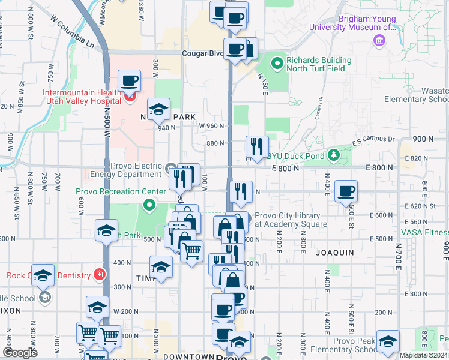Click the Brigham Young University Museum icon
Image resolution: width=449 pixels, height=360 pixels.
(378, 41)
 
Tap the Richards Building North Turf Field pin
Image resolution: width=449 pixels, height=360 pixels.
(277, 62)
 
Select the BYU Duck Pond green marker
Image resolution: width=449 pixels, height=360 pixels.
(334, 156)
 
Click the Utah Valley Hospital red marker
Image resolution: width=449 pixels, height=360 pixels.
(130, 95)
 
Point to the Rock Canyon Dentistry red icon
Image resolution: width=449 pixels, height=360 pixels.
(99, 275)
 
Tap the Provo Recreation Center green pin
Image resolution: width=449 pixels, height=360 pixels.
(148, 206)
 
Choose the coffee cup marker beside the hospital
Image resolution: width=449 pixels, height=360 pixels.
(129, 80)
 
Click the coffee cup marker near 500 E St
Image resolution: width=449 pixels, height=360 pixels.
(346, 191)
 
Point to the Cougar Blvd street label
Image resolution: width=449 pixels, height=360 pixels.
(203, 53)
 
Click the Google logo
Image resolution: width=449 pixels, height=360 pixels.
(20, 352)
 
